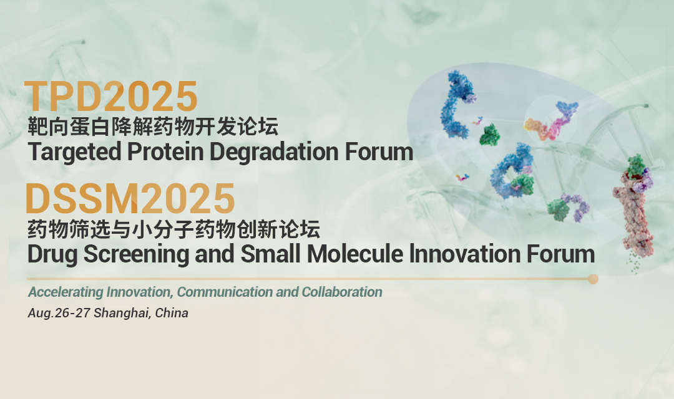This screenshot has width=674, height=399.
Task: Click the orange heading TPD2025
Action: tap(112, 97)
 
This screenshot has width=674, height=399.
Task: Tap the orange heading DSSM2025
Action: tap(130, 198)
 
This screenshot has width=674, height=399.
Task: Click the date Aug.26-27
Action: tap(60, 313)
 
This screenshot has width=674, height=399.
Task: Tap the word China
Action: tap(172, 313)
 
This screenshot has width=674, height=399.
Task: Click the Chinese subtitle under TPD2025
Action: tap(152, 128)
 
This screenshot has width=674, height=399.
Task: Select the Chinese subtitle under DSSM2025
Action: tap(173, 230)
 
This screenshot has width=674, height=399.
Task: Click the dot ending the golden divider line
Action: tap(593, 279)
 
